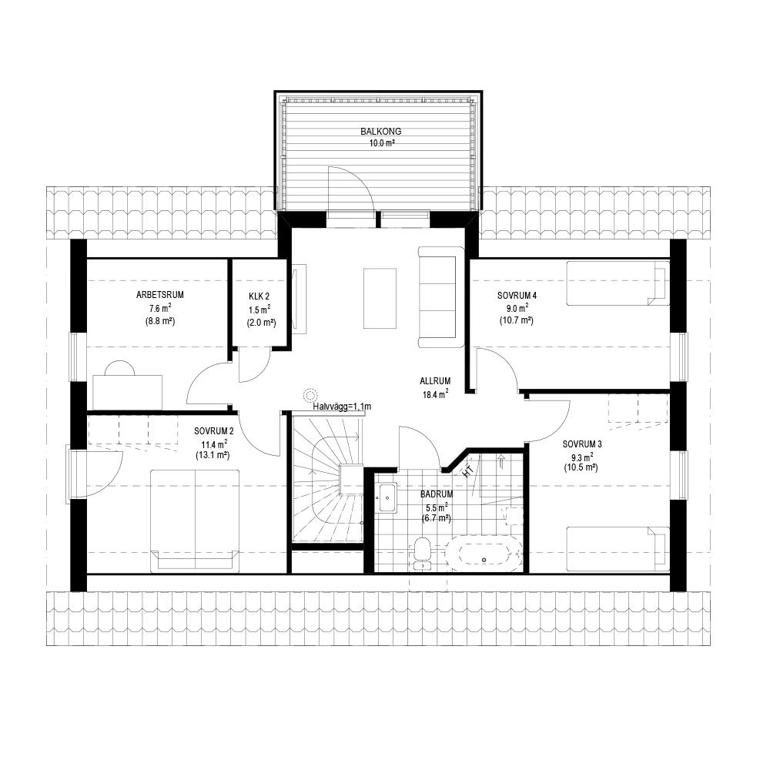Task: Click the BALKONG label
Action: tap(380, 132)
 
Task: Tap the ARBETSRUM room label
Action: tap(160, 295)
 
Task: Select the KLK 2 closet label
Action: tap(259, 296)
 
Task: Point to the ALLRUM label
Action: tap(435, 381)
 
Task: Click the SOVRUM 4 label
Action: tap(517, 296)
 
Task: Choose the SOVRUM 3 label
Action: tap(582, 444)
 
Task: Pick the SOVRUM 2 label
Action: tap(213, 432)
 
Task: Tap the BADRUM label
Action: tap(437, 494)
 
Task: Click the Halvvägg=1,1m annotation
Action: tap(342, 407)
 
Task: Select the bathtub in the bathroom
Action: tap(484, 554)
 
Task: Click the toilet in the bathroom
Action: tap(422, 554)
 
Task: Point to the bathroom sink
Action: tap(387, 498)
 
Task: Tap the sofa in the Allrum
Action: tap(441, 297)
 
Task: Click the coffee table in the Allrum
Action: tap(380, 298)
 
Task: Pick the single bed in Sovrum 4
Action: tap(618, 283)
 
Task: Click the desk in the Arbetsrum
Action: tap(128, 392)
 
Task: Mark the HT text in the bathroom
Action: tap(468, 470)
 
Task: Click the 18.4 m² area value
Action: tap(435, 393)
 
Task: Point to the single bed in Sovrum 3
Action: tap(618, 549)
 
